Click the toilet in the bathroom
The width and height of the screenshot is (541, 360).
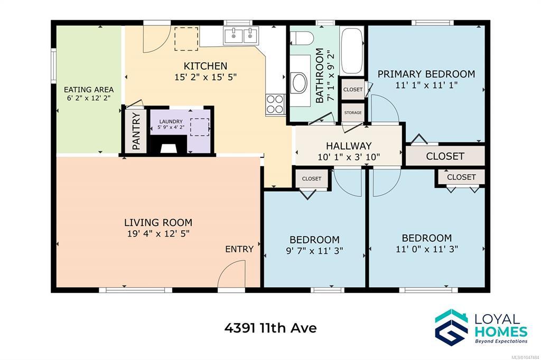click(x=302, y=38)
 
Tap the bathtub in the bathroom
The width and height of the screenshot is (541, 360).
click(x=351, y=51)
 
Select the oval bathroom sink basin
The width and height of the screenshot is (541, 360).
click(x=299, y=82)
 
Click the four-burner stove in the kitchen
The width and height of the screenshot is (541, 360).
click(x=275, y=104)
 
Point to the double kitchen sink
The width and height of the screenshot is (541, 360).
click(x=241, y=35)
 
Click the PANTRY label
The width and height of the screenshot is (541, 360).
click(x=136, y=131)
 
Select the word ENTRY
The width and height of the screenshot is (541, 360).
click(x=239, y=249)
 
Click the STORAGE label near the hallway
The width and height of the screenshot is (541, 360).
click(x=353, y=113)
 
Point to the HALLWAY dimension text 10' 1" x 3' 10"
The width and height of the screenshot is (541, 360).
click(x=349, y=157)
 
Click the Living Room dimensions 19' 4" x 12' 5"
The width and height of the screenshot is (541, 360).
click(x=158, y=233)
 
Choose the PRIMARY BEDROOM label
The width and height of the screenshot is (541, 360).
click(x=426, y=74)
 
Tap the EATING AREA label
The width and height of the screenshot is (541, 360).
click(x=89, y=90)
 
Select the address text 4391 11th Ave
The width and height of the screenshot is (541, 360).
click(x=270, y=328)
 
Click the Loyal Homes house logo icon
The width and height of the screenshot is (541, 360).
click(x=451, y=327)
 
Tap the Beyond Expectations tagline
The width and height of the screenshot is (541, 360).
click(x=501, y=342)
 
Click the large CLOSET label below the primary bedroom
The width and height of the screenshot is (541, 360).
click(x=445, y=156)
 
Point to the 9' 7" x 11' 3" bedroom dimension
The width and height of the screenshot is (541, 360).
click(x=314, y=251)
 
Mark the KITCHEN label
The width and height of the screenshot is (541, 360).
click(x=206, y=66)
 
